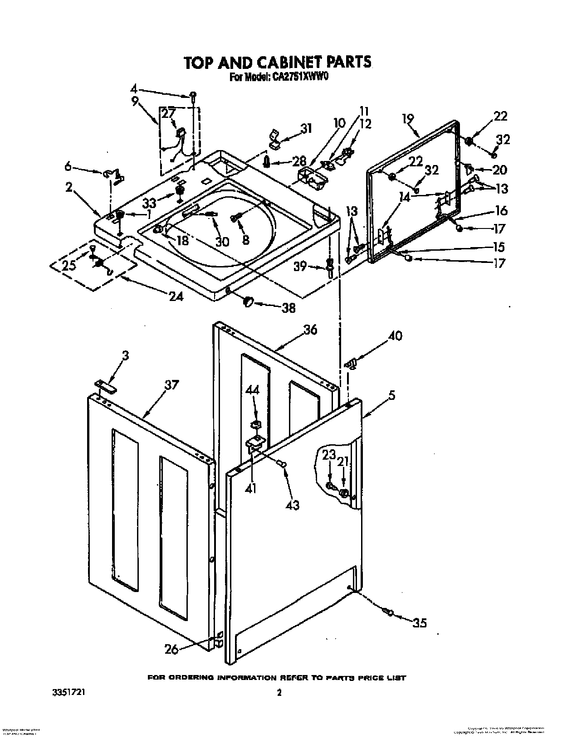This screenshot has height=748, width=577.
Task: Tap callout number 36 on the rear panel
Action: tap(310, 330)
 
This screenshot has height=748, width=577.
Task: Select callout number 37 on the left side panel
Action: tap(171, 385)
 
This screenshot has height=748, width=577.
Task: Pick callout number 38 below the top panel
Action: tap(288, 308)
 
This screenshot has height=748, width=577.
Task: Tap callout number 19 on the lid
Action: tap(408, 119)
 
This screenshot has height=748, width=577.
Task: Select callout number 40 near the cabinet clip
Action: tap(395, 336)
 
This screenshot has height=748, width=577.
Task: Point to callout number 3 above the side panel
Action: tap(126, 355)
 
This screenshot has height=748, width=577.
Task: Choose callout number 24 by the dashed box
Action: tap(176, 296)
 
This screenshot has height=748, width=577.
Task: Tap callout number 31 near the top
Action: tap(306, 128)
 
